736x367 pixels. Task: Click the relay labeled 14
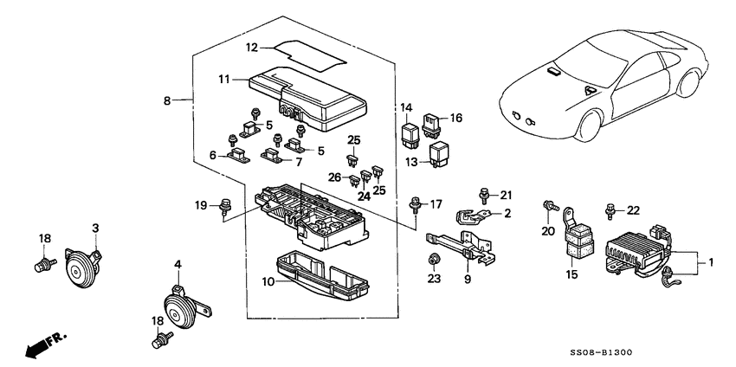tap(410, 135)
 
